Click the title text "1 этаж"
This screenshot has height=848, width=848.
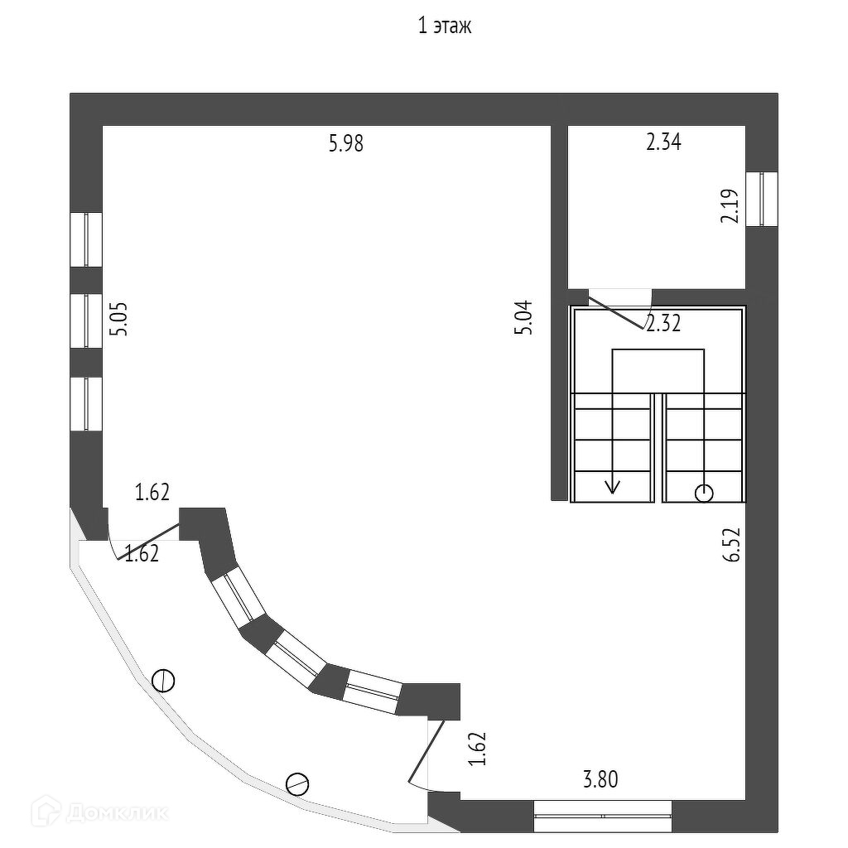tap(445, 27)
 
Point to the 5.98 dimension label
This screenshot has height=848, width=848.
tap(346, 144)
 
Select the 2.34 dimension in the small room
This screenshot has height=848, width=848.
tap(663, 142)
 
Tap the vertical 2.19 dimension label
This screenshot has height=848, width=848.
tap(729, 206)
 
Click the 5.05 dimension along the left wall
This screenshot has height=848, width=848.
tap(120, 319)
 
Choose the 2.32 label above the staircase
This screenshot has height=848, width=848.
tap(662, 324)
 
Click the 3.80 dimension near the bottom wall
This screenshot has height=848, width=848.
tap(600, 779)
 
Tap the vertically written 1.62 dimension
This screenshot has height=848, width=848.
tap(476, 749)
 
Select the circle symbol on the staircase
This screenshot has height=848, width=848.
tap(704, 494)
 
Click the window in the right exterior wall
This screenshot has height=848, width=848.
tap(762, 199)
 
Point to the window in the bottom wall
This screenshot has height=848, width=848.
tap(602, 816)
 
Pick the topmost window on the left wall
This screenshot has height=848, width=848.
tap(85, 239)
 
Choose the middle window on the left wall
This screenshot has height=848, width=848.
tap(85, 320)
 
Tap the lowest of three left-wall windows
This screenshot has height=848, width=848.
tap(85, 403)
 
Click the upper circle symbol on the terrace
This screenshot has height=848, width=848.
tap(164, 681)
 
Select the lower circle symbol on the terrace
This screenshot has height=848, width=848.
tap(296, 783)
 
